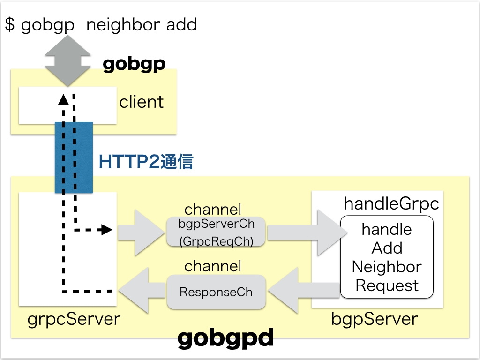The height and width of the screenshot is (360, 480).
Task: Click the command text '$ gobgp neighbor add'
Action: pyautogui.click(x=101, y=24)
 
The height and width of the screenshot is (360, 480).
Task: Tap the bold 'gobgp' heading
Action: pyautogui.click(x=134, y=63)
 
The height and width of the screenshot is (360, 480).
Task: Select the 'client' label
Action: pyautogui.click(x=142, y=102)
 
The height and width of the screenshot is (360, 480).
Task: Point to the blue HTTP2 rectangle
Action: pyautogui.click(x=74, y=157)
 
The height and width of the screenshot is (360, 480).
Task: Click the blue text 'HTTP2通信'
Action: pyautogui.click(x=146, y=162)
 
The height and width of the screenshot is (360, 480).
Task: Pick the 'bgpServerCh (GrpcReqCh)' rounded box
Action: pyautogui.click(x=216, y=232)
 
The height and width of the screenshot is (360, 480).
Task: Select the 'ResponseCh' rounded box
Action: pyautogui.click(x=216, y=292)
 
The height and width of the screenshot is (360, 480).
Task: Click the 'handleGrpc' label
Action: pyautogui.click(x=391, y=203)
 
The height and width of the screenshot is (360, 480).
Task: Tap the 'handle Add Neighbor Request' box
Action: pyautogui.click(x=387, y=257)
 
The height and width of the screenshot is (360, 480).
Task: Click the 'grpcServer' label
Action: pyautogui.click(x=74, y=319)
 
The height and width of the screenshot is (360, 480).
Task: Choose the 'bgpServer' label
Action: pyautogui.click(x=375, y=319)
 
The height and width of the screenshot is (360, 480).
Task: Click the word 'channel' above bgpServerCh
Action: pyautogui.click(x=213, y=209)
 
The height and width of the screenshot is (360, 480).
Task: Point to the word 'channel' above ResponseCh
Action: pyautogui.click(x=213, y=266)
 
